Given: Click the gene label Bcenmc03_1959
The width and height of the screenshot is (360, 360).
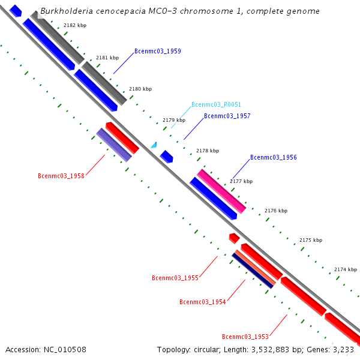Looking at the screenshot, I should pyautogui.click(x=158, y=52).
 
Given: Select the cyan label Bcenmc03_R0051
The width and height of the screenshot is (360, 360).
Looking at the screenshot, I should pyautogui.click(x=216, y=104).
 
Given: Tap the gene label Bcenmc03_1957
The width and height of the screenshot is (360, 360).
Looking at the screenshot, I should pyautogui.click(x=227, y=116).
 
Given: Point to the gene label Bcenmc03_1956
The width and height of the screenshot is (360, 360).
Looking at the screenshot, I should pyautogui.click(x=273, y=157).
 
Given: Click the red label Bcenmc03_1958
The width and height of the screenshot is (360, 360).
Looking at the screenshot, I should pyautogui.click(x=61, y=176).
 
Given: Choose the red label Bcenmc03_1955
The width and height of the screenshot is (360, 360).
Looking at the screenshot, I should pyautogui.click(x=175, y=278).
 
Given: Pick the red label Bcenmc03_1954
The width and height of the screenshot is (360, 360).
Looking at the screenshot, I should pyautogui.click(x=202, y=302).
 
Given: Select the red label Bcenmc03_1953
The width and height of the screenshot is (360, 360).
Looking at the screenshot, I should pyautogui.click(x=245, y=337).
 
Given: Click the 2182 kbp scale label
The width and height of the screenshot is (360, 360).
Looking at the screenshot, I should pyautogui.click(x=75, y=25).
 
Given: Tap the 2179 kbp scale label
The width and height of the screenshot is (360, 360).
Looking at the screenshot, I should pyautogui.click(x=174, y=120).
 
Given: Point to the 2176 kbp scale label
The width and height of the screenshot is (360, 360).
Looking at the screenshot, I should pyautogui.click(x=276, y=211).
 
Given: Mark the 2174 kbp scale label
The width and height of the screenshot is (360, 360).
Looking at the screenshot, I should pyautogui.click(x=346, y=269).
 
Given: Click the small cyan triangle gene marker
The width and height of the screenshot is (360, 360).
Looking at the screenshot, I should pyautogui.click(x=154, y=145).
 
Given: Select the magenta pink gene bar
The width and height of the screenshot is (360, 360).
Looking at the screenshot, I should pyautogui.click(x=221, y=191).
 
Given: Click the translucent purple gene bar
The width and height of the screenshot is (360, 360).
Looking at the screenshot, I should pyautogui.click(x=114, y=145).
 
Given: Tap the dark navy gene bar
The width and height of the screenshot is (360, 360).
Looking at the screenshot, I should pyautogui.click(x=253, y=271).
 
